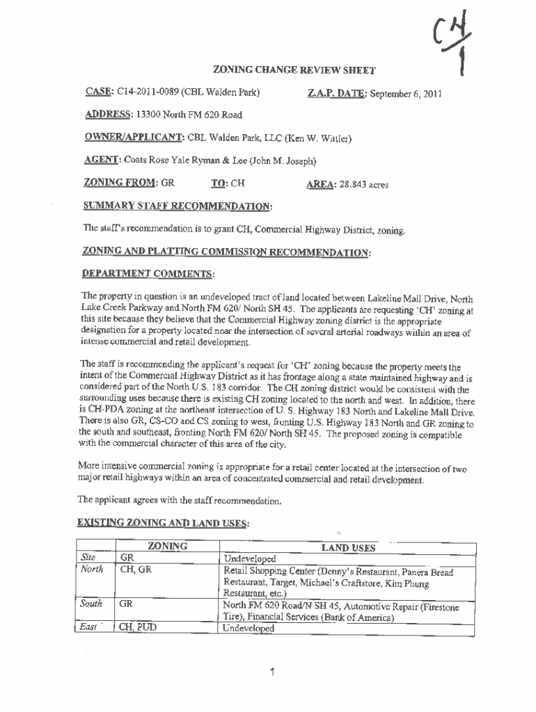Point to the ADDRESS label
pyautogui.click(x=107, y=115)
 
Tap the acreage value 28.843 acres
pyautogui.click(x=365, y=185)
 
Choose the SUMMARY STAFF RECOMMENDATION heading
pyautogui.click(x=178, y=207)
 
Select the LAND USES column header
pyautogui.click(x=348, y=548)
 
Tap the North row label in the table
pyautogui.click(x=92, y=569)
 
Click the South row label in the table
pyautogui.click(x=92, y=604)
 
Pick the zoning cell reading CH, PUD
pyautogui.click(x=138, y=627)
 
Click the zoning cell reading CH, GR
pyautogui.click(x=135, y=570)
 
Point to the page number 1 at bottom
pyautogui.click(x=274, y=672)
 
